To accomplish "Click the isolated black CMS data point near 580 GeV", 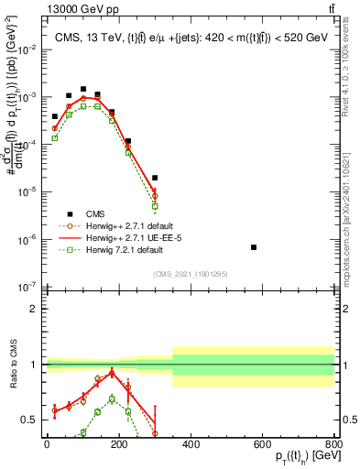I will pos(254,247).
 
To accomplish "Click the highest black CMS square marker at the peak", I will pos(83,90).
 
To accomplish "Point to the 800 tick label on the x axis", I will pos(334,444).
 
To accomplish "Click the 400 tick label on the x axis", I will pos(191,444).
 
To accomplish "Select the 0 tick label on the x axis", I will pos(47,444).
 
